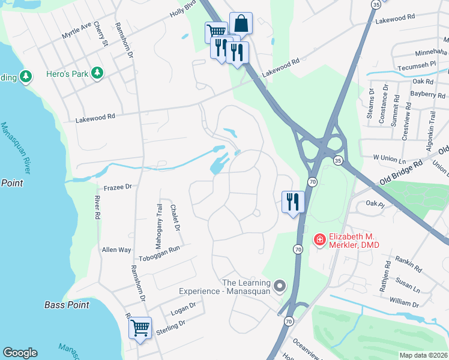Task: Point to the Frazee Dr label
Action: pyautogui.click(x=118, y=187)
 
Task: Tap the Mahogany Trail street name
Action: pyautogui.click(x=160, y=220)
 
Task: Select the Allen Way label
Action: pyautogui.click(x=116, y=249)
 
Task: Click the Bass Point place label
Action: pyautogui.click(x=67, y=305)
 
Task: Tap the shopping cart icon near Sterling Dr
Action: pyautogui.click(x=140, y=328)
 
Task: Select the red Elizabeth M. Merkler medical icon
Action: pyautogui.click(x=320, y=240)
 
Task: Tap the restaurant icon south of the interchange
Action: pyautogui.click(x=292, y=201)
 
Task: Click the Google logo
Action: pyautogui.click(x=20, y=353)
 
